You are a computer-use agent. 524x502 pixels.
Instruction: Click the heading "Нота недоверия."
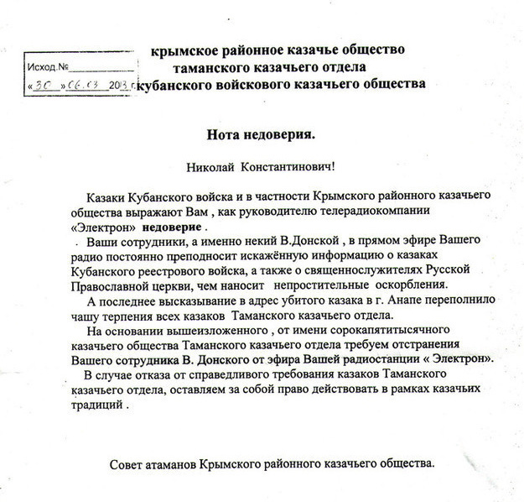pyautogui.click(x=262, y=133)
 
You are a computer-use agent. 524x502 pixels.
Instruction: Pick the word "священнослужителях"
pyautogui.click(x=349, y=269)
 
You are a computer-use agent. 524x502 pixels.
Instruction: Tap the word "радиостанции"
pyautogui.click(x=387, y=358)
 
